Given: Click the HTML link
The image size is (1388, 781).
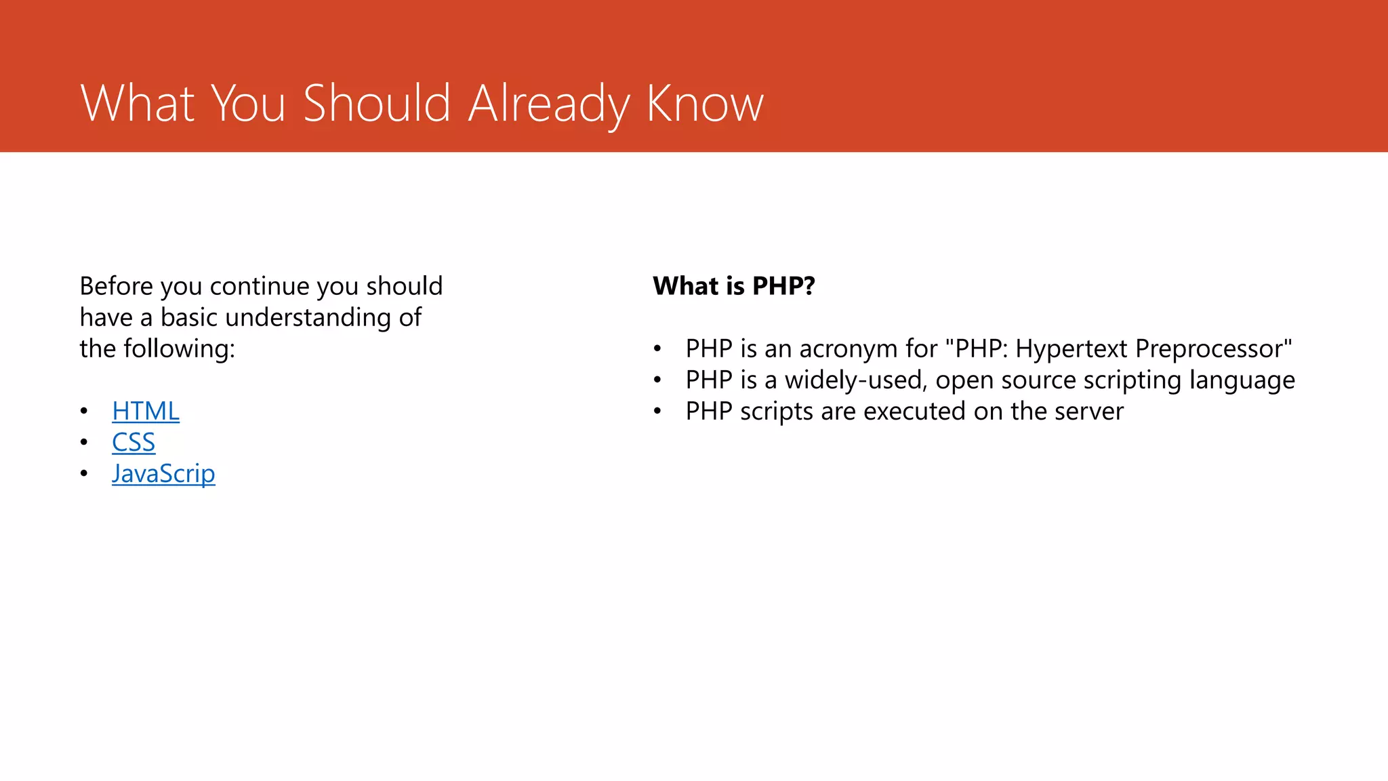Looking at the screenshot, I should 146,412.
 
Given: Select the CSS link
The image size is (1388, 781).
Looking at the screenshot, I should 134,443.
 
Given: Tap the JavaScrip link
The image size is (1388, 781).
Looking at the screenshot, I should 163,474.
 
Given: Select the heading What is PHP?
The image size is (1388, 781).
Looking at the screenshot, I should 733,286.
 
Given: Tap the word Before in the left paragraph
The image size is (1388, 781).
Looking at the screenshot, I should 117,286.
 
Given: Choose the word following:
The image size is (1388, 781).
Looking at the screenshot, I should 179,349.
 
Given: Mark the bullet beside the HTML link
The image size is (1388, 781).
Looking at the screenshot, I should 84,412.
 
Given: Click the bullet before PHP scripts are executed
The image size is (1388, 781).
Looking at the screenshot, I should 657,412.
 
